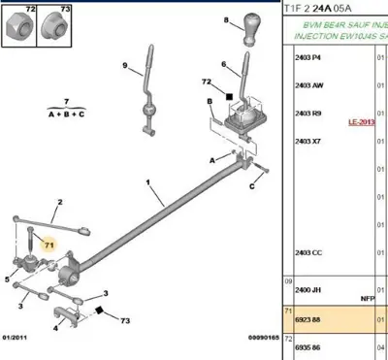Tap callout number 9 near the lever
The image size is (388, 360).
point(125,66)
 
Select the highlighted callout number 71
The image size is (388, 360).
point(47,246)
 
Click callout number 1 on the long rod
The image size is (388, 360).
point(148,182)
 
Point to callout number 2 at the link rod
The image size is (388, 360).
point(59,203)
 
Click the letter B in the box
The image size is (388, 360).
point(210,100)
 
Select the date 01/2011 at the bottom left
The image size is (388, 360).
point(17,338)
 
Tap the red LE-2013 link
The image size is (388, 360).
point(361,123)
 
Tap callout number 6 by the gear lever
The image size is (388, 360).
point(223,65)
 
